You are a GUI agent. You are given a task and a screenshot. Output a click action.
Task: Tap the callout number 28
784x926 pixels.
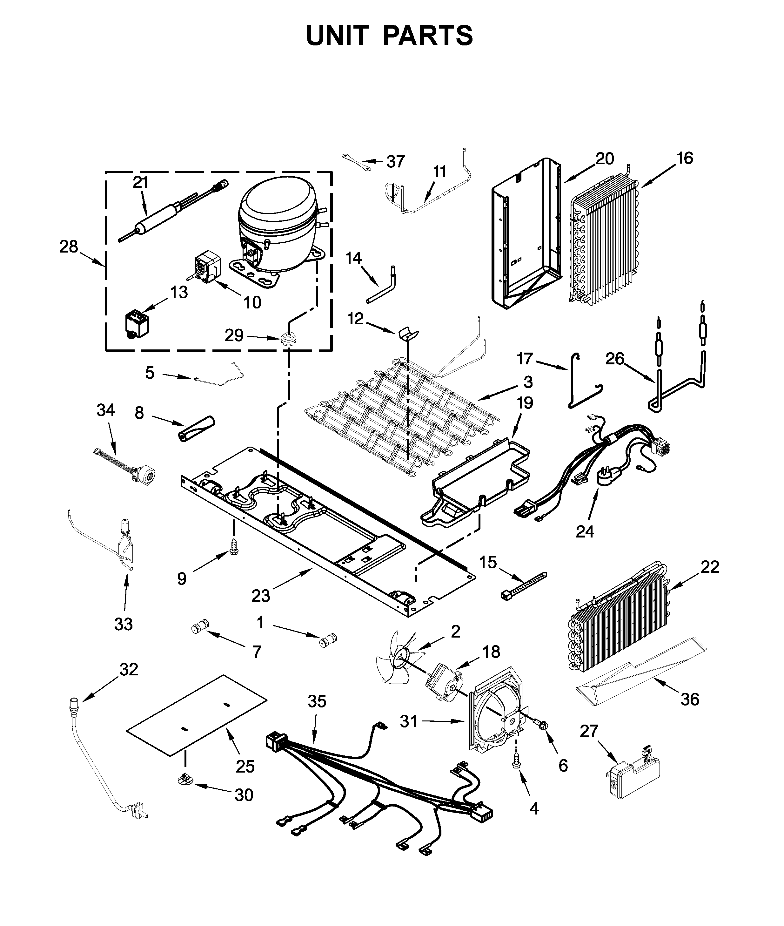click(69, 247)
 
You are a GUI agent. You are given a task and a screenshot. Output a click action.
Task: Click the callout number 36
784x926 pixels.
click(690, 699)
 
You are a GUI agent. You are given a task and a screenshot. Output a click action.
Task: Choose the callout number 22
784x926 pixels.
click(709, 567)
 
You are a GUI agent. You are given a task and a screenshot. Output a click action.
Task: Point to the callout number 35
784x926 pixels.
click(317, 701)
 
